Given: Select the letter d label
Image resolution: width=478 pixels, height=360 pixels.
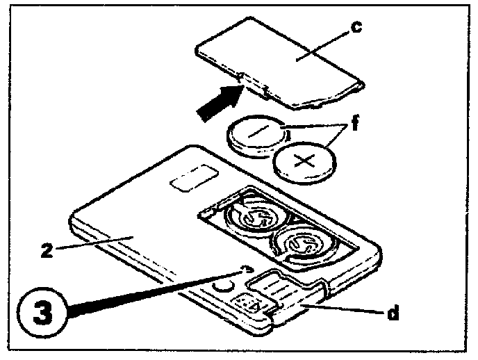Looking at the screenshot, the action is pyautogui.click(x=393, y=313).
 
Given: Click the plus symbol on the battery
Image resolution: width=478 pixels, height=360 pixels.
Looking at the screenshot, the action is pyautogui.click(x=306, y=163).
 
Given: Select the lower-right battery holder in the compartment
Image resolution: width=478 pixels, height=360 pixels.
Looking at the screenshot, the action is pyautogui.click(x=300, y=243).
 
